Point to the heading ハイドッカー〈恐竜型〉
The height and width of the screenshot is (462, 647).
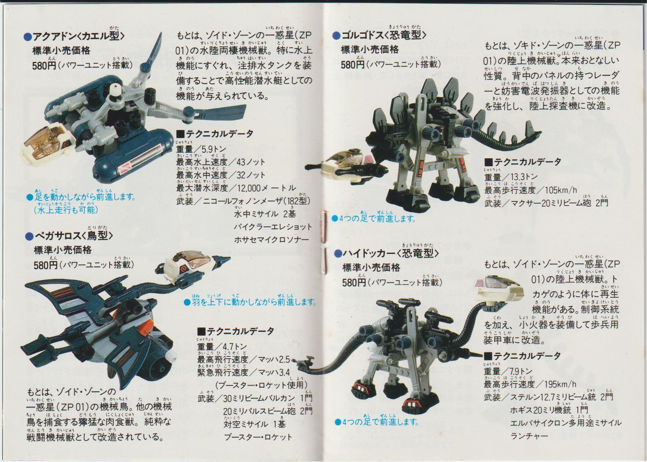(x=390, y=253)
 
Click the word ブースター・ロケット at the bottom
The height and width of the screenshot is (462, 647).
(x=258, y=437)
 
